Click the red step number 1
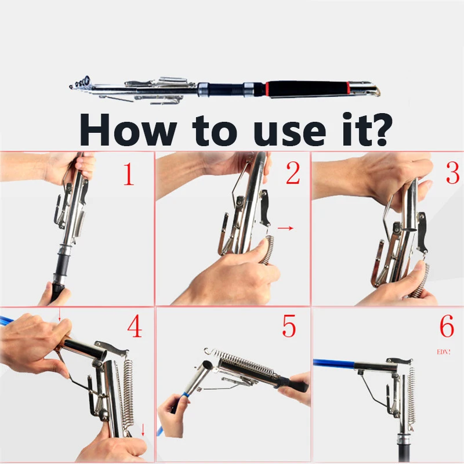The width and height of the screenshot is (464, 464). click(x=129, y=174)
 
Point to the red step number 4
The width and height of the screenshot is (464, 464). click(x=135, y=326)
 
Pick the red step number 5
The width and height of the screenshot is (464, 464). click(x=289, y=326)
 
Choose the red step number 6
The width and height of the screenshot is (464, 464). click(x=447, y=326)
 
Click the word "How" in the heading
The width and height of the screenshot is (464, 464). click(x=128, y=129)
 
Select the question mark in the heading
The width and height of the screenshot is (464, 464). click(x=381, y=129)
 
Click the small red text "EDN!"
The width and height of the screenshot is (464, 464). click(x=444, y=352)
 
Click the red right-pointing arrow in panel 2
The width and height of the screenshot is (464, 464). click(x=285, y=228)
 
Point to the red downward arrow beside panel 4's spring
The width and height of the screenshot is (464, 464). click(x=143, y=429)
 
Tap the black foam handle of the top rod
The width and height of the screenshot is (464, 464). click(x=307, y=89)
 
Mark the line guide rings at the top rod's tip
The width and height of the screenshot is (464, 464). click(x=80, y=82)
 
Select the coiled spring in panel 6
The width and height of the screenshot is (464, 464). click(x=411, y=397)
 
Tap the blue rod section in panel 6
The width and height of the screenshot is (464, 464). click(x=334, y=364)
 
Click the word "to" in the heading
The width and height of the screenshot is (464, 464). click(x=215, y=132)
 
